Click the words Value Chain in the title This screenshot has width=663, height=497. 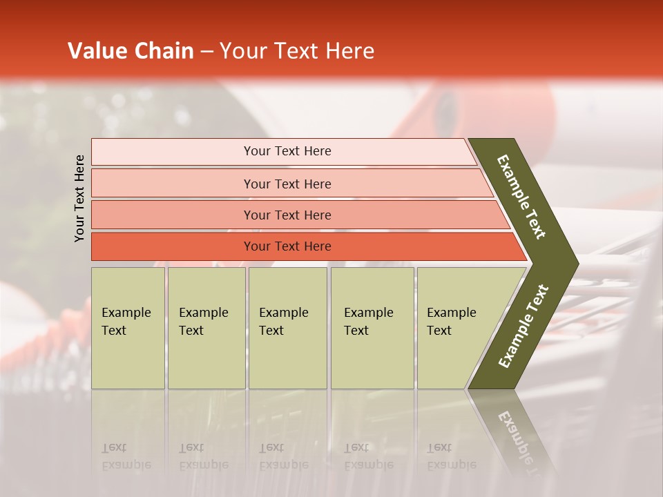pos(131,51)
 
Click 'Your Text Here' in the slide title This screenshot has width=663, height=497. pos(297,51)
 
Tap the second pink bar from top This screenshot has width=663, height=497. pos(287,184)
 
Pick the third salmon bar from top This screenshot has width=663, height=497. pos(287,215)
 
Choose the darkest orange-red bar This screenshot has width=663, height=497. pos(287,246)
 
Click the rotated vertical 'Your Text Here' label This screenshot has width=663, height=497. pos(79,198)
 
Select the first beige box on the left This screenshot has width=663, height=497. pos(128,327)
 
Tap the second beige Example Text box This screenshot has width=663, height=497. pos(206,327)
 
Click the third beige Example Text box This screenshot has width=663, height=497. pos(287,327)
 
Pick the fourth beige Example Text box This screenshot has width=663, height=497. pos(372,327)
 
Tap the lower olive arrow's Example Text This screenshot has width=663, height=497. pos(523,327)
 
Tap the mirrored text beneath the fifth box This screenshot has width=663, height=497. pos(451,456)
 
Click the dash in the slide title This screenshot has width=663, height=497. pos(206,52)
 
